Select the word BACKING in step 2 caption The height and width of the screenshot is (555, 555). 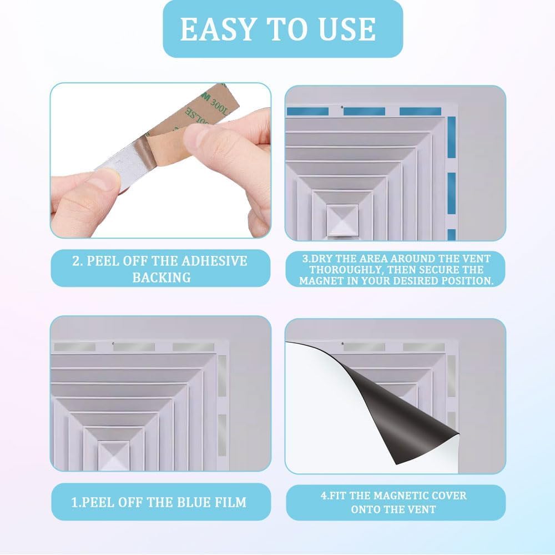[x=162, y=277]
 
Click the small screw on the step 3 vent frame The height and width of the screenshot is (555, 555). [x=342, y=107]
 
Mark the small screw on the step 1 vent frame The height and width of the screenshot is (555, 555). [x=113, y=344]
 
